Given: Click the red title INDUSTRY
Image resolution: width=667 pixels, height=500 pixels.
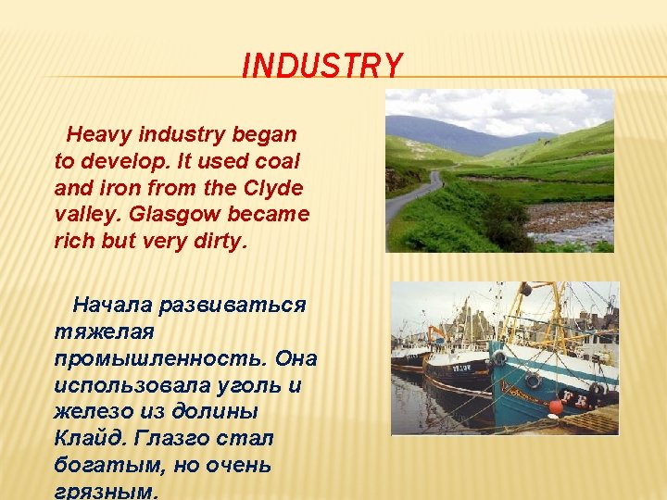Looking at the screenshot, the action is [x=322, y=65].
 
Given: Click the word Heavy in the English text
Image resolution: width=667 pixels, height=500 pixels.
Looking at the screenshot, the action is [x=99, y=135].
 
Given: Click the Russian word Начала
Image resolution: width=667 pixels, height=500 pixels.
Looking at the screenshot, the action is [x=112, y=305].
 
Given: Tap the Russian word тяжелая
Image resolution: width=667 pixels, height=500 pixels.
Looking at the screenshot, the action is [x=104, y=332].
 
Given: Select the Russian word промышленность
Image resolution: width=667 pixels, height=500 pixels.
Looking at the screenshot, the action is [x=161, y=359].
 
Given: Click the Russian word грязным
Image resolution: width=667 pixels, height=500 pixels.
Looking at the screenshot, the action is [x=107, y=492].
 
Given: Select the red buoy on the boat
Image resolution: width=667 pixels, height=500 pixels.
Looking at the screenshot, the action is [x=556, y=406].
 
